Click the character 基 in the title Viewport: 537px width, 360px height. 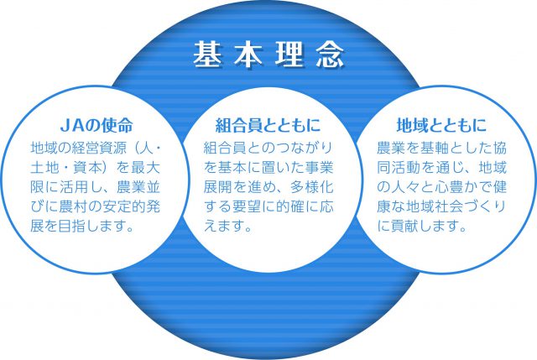tap(207, 55)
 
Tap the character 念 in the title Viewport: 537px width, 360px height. tap(330, 55)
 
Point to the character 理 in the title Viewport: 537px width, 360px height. tap(289, 55)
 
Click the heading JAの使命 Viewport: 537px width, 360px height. tap(96, 125)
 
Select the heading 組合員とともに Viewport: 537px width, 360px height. tap(268, 125)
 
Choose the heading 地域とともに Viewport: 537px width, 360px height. tap(441, 125)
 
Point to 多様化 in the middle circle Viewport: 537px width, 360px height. tap(311, 187)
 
